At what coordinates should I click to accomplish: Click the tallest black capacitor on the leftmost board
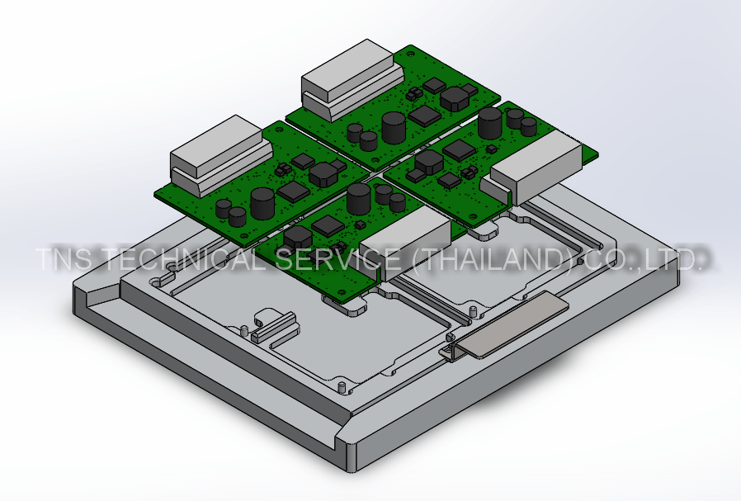(263, 203)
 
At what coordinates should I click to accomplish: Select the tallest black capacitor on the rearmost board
(394, 127)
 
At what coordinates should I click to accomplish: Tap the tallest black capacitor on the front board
(360, 199)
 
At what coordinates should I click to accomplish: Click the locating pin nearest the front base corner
(342, 386)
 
